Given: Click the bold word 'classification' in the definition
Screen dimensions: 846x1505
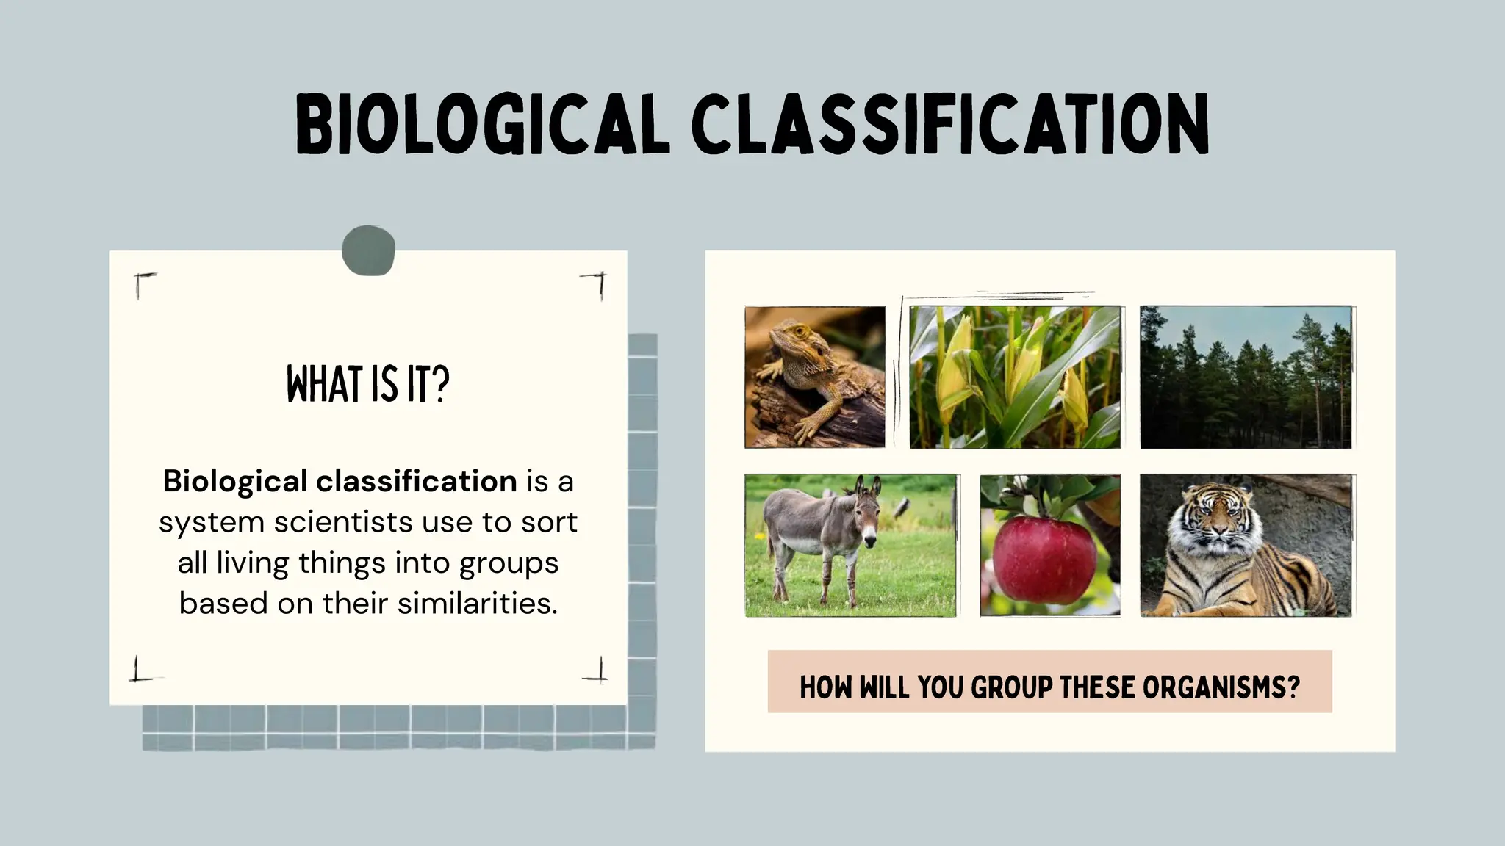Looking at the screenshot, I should point(417,482).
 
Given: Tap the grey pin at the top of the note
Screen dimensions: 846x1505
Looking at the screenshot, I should point(369,250).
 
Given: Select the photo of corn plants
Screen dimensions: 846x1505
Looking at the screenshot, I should point(1015,377).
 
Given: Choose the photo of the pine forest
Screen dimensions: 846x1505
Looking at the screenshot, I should point(1246,377).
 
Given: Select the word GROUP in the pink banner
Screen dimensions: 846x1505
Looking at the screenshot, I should point(1012,688).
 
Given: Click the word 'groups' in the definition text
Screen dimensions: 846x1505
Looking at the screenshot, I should point(509,563).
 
